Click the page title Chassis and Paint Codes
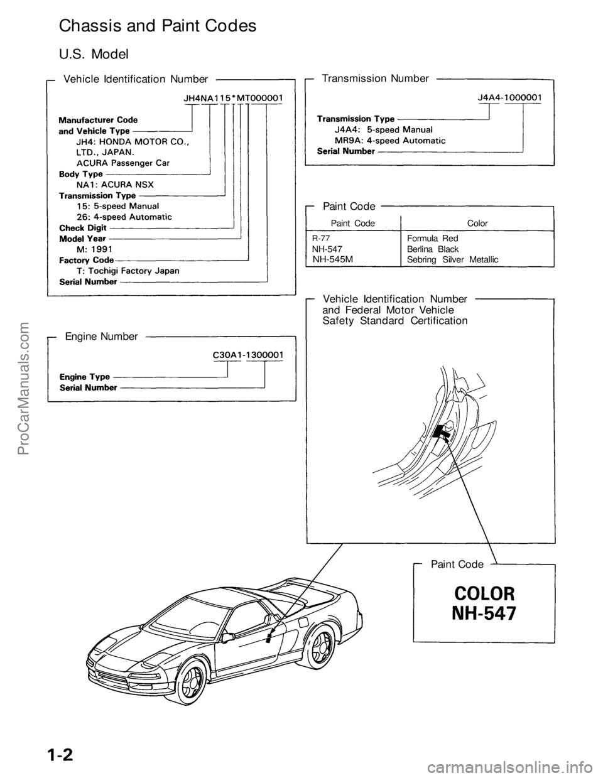point(157,26)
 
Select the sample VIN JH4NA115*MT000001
point(232,98)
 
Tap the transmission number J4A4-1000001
point(510,97)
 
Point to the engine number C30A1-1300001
point(248,354)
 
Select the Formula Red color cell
point(433,239)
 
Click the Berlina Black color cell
point(433,249)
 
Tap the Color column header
point(477,223)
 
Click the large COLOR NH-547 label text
point(484,603)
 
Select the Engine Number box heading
point(101,337)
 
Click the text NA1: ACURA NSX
point(114,184)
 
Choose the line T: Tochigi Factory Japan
point(128,271)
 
